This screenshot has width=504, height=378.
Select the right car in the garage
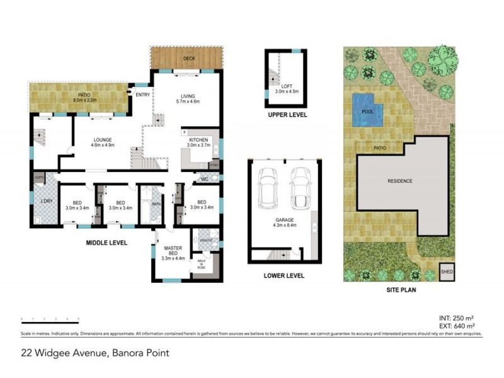click(x=300, y=189)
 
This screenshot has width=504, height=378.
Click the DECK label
click(x=188, y=59)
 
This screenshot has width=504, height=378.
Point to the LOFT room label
click(x=287, y=86)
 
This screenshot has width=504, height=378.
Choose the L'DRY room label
click(x=46, y=200)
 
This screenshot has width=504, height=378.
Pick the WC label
click(x=204, y=179)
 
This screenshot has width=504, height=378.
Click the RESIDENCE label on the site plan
click(x=399, y=181)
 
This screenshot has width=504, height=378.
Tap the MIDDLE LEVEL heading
click(x=107, y=243)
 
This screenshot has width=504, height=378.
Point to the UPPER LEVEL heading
click(x=287, y=115)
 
